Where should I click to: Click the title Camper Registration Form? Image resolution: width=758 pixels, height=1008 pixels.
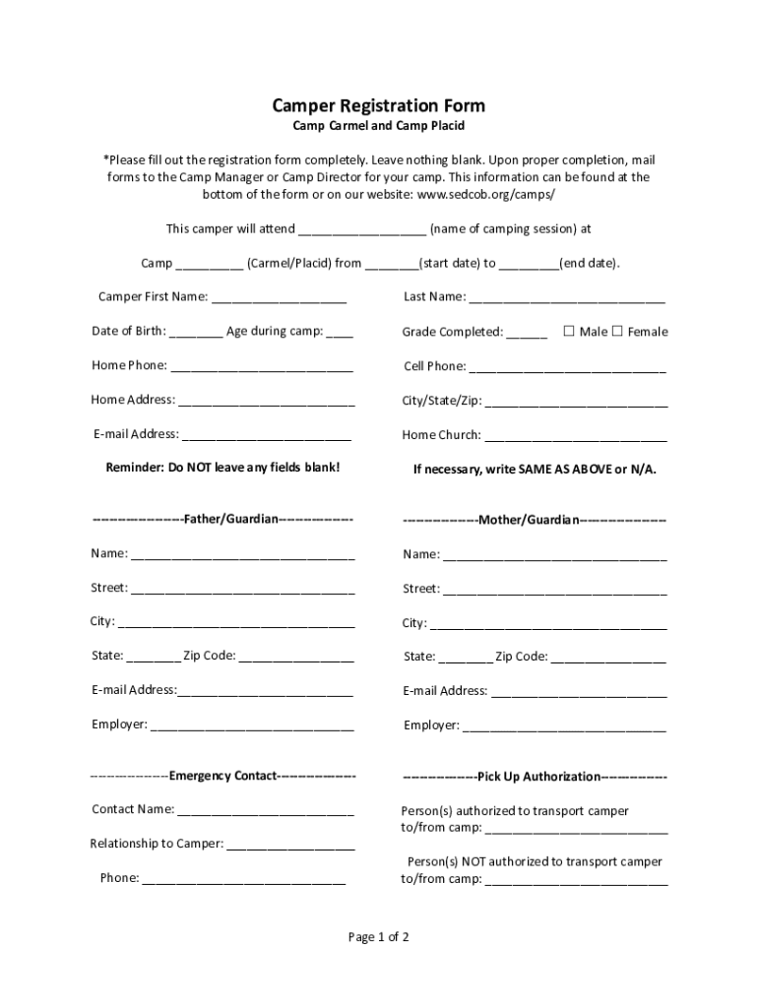[x=378, y=105]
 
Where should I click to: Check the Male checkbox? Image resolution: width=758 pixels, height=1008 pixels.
[x=569, y=331]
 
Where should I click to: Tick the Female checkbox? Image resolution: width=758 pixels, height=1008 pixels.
[x=617, y=331]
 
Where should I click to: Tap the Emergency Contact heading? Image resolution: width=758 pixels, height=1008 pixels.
[x=222, y=776]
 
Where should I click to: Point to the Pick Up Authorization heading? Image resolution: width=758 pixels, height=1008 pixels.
[x=535, y=777]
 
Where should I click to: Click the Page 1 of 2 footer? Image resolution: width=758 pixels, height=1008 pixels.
[x=378, y=937]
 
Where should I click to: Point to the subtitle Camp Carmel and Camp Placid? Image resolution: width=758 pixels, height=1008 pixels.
[x=378, y=127]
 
